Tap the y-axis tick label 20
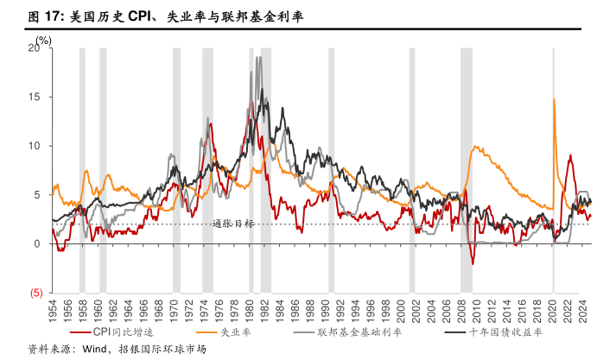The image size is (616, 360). pyautogui.click(x=34, y=48)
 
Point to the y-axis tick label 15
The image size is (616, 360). pyautogui.click(x=34, y=98)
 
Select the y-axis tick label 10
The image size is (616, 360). pyautogui.click(x=34, y=146)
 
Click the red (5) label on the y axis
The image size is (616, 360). pyautogui.click(x=36, y=294)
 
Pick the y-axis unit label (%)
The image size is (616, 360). pyautogui.click(x=44, y=40)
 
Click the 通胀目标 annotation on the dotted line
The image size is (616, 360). pyautogui.click(x=233, y=224)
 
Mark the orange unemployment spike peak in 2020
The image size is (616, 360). pyautogui.click(x=554, y=99)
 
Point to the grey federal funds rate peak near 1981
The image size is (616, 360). pyautogui.click(x=258, y=58)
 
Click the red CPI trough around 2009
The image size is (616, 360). pyautogui.click(x=472, y=262)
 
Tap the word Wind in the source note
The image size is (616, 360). pyautogui.click(x=96, y=351)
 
